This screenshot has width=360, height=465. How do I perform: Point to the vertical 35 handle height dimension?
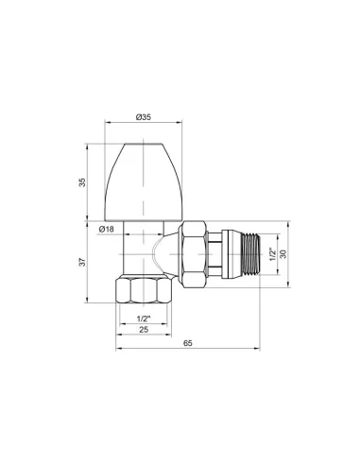tap(82, 182)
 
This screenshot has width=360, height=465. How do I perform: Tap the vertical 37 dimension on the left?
tap(82, 262)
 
